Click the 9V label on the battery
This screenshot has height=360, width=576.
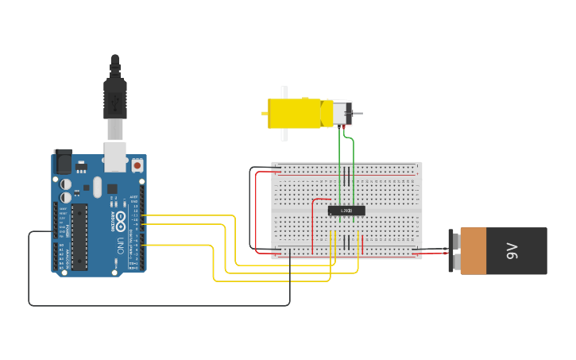pos(512,251)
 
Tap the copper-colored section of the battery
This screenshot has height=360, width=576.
pos(473,251)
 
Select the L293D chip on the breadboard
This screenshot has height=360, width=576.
pos(346,211)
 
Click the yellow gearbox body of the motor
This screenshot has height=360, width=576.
pos(294,113)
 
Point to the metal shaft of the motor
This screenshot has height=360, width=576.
pos(357,114)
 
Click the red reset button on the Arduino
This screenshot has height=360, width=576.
pos(137,165)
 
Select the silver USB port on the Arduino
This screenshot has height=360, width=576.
pos(115,157)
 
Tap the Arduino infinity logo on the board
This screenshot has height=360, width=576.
pos(120,218)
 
